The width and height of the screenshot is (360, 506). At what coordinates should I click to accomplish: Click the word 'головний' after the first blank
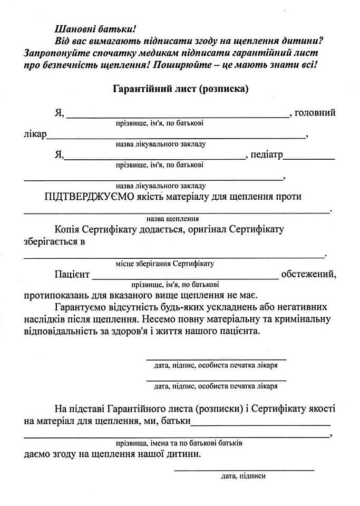point(315,113)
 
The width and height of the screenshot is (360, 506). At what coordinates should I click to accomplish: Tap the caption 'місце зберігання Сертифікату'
point(164,264)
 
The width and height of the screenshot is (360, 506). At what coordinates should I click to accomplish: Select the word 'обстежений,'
point(309,275)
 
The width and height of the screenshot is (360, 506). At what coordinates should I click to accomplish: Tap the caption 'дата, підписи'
point(244,476)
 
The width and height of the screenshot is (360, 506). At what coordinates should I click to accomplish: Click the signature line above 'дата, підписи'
point(244,469)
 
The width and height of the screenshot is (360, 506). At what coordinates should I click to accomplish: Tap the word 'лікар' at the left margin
point(35,134)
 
